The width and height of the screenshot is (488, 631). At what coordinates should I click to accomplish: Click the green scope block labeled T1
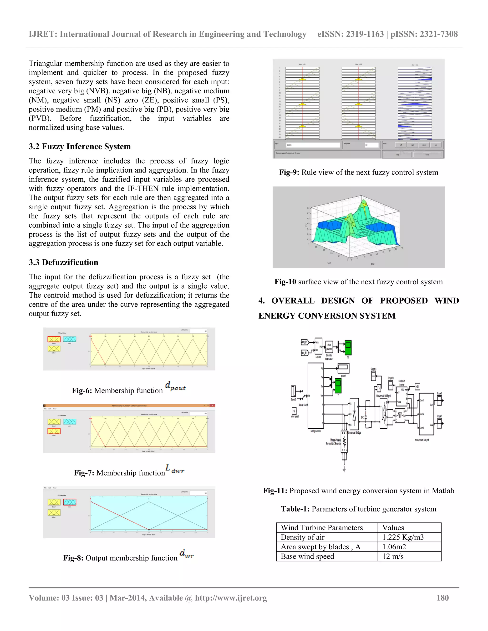[348, 348]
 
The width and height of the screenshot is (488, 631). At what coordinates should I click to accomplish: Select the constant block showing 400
[417, 386]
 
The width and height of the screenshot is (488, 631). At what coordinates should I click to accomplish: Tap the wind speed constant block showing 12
[294, 411]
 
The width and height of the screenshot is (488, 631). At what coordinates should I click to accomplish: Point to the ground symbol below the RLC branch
[344, 470]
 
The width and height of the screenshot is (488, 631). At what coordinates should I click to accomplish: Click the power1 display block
[343, 368]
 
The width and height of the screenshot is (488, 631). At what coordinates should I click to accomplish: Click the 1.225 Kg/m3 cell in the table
[403, 537]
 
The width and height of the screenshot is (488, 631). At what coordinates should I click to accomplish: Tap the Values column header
[393, 528]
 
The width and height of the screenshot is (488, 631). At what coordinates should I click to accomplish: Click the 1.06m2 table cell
[394, 547]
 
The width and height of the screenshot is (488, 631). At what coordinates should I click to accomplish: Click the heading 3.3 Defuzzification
[63, 262]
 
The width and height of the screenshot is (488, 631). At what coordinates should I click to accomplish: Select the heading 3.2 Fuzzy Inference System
[80, 146]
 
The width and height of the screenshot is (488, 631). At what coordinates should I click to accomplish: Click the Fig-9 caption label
[289, 172]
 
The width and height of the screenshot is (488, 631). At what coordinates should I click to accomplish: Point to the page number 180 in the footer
[442, 598]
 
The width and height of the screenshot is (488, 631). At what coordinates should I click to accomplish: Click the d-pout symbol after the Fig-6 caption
[175, 386]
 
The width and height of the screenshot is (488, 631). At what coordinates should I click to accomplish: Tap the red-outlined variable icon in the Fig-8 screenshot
[70, 502]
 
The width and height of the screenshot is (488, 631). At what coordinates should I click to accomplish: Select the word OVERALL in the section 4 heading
[293, 301]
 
